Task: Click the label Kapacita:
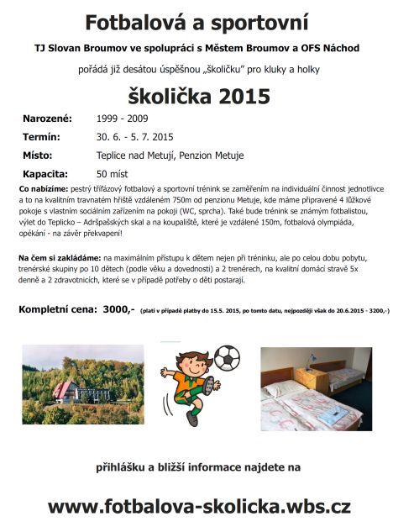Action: [x=45, y=173]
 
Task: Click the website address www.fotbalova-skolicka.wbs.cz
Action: [x=199, y=506]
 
